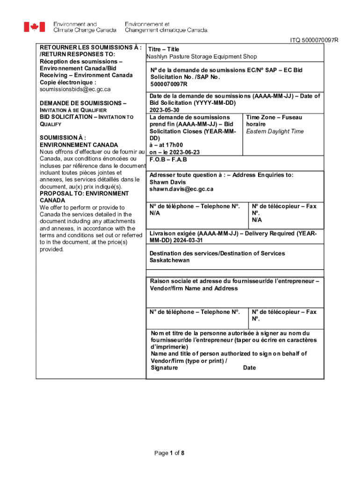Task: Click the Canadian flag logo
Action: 35,27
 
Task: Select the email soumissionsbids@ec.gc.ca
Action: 75,89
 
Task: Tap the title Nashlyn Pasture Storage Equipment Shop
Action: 202,57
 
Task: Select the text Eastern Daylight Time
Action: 275,131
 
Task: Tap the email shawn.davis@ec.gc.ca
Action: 181,189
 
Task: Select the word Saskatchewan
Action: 170,260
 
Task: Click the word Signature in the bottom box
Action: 164,368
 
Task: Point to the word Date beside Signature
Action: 249,368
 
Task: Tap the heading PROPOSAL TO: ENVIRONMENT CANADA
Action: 84,196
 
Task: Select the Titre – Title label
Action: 164,49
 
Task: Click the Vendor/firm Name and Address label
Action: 194,288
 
